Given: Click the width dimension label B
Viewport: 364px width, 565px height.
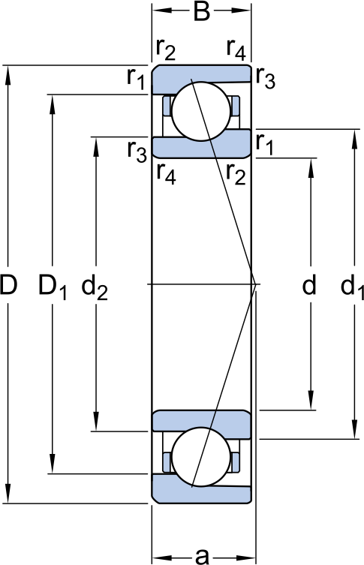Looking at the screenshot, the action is (x=201, y=11).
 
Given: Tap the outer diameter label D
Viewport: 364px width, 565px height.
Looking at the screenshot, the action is (x=8, y=284).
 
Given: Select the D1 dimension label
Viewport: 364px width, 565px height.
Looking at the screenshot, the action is (x=53, y=287).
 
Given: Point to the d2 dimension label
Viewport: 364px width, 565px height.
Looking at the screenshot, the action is (x=95, y=287).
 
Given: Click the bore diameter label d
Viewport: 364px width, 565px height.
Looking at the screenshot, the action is (x=309, y=284).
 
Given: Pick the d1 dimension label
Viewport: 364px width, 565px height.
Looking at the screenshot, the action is (x=352, y=287).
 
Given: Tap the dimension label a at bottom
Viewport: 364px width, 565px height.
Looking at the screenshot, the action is (x=202, y=555).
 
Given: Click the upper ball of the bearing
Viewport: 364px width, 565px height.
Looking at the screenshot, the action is (x=200, y=111).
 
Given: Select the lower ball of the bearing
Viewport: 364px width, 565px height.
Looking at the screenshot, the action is (x=200, y=456).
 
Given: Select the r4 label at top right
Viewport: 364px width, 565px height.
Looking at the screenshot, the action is (x=236, y=49).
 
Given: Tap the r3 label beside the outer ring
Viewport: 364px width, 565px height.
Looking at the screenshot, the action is (x=266, y=78).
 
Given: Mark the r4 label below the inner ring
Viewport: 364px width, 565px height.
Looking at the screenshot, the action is (x=166, y=174).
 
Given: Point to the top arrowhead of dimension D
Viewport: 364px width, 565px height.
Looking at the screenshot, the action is (x=8, y=76).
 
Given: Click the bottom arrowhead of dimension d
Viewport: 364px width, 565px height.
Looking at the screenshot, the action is (x=311, y=400).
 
